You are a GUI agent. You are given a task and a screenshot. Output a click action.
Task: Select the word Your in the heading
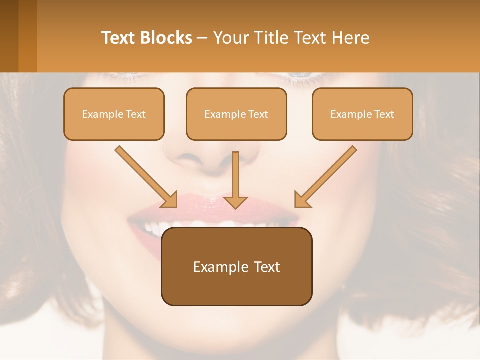tap(231, 38)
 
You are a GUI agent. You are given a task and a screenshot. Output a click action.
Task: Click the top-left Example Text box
tap(114, 114)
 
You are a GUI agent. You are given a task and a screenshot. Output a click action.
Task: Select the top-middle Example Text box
tap(236, 114)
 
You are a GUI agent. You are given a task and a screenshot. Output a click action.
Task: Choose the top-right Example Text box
tap(362, 114)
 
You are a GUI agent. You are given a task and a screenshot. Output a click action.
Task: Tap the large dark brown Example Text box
tap(236, 266)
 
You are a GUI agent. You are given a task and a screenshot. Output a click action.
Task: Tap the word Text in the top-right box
tap(384, 114)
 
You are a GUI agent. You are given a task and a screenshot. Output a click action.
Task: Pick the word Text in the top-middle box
tap(258, 114)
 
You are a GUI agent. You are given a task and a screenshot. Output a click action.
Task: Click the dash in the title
tap(202, 38)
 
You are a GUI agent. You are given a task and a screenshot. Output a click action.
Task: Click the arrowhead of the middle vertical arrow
tap(235, 201)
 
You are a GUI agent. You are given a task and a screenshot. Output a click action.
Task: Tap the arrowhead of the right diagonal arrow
tap(302, 199)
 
